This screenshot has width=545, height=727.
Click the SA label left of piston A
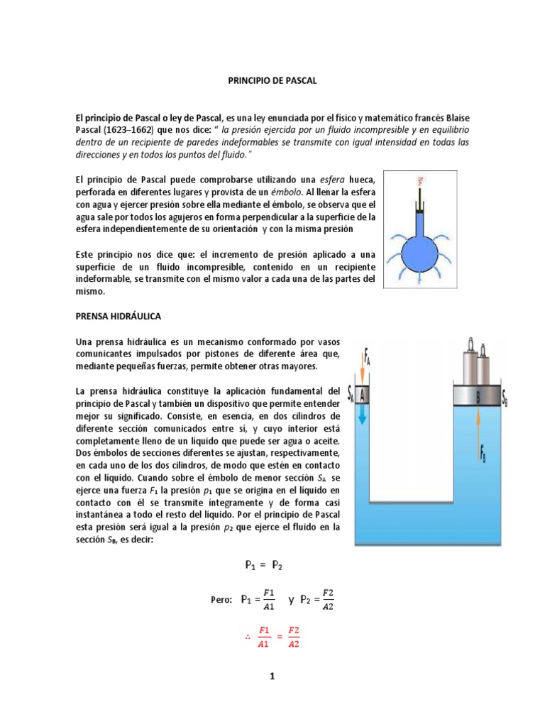[351, 395]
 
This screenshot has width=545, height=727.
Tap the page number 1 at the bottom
[271, 677]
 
